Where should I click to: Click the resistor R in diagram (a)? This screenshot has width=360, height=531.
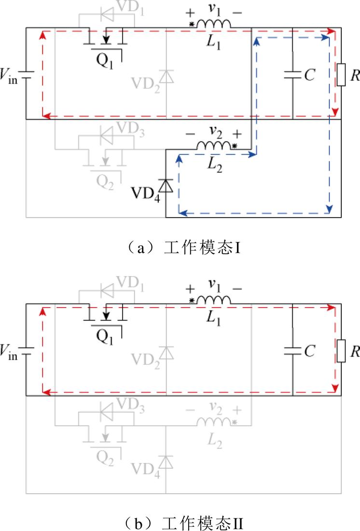[x=341, y=74]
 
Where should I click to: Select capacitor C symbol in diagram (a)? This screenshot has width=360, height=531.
[x=292, y=74]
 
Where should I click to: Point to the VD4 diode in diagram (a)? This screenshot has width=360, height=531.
[x=166, y=186]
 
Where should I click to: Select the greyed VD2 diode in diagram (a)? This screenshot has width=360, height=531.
[x=166, y=77]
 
